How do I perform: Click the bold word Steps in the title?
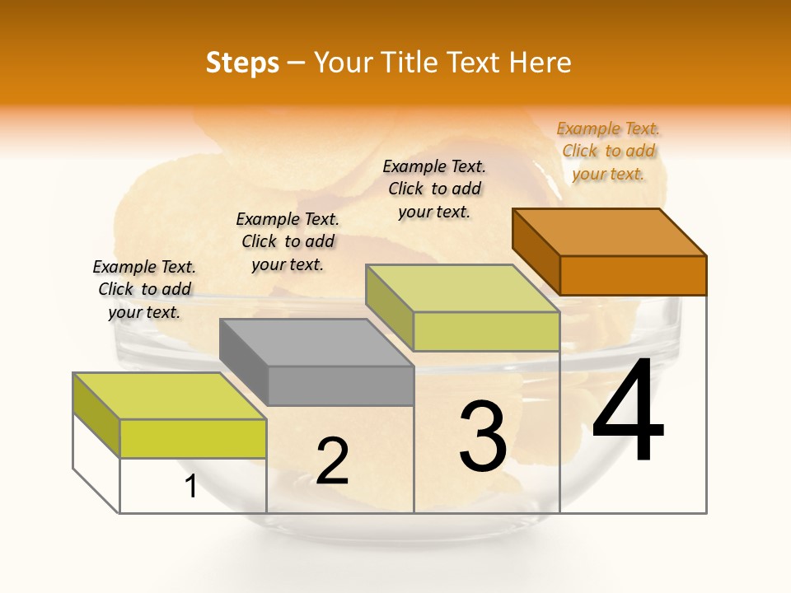click(242, 63)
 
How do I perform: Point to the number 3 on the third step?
click(483, 437)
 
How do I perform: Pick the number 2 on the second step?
click(332, 461)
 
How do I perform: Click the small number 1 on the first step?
click(191, 486)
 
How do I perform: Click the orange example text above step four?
click(608, 151)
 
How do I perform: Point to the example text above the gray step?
click(288, 241)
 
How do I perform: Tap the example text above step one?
click(144, 289)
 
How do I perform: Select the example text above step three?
click(434, 189)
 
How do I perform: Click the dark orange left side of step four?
click(536, 250)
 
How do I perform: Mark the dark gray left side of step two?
click(243, 361)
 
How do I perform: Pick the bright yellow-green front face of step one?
click(193, 438)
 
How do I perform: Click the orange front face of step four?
click(633, 275)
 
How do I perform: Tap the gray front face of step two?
click(340, 385)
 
